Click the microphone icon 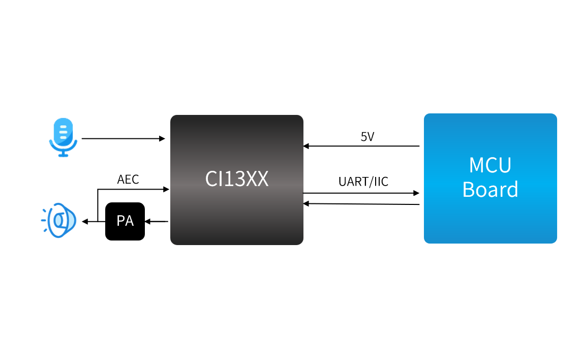[x=63, y=137]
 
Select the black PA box [x=125, y=221]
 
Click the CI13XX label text [x=237, y=179]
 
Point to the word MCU [x=490, y=165]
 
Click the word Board [x=490, y=189]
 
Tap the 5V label [x=368, y=136]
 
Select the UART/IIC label [x=363, y=182]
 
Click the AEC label [x=128, y=179]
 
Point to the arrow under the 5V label [x=361, y=146]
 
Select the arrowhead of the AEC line [x=166, y=189]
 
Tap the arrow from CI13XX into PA [x=157, y=221]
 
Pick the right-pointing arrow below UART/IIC [x=361, y=193]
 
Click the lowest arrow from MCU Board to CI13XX [x=361, y=204]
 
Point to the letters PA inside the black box [x=125, y=221]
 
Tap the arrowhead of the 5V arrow [x=306, y=146]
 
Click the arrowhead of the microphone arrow [x=163, y=138]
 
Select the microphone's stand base [x=63, y=155]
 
